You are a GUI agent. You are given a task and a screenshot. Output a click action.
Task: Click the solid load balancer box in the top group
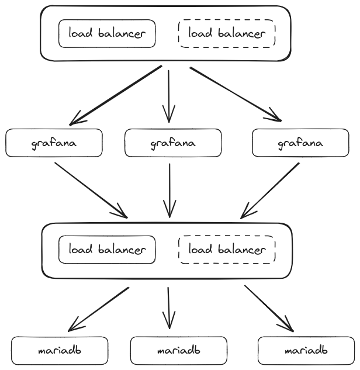pyautogui.click(x=107, y=33)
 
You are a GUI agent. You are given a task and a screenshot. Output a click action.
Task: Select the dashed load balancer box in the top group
pyautogui.click(x=226, y=33)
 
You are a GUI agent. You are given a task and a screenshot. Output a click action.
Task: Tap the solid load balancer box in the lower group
pyautogui.click(x=107, y=250)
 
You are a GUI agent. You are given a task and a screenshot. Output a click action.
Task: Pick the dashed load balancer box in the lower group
pyautogui.click(x=226, y=250)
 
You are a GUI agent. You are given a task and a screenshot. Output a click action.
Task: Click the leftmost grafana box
pyautogui.click(x=54, y=143)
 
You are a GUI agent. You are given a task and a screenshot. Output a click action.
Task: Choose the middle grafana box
pyautogui.click(x=173, y=143)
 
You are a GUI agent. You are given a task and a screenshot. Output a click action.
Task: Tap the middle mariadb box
pyautogui.click(x=178, y=351)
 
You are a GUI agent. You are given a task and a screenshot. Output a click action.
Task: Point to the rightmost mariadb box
pyautogui.click(x=306, y=351)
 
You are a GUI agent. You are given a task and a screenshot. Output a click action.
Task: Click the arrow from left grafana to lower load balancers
pyautogui.click(x=91, y=189)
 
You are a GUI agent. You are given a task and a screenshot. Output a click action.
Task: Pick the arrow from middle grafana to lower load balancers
pyautogui.click(x=169, y=189)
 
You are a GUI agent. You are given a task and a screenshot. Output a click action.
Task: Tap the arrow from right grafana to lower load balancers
pyautogui.click(x=270, y=189)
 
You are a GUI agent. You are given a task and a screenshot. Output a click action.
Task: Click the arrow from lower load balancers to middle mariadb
pyautogui.click(x=168, y=307)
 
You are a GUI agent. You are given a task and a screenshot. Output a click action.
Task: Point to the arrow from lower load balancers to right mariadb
pyautogui.click(x=269, y=308)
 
